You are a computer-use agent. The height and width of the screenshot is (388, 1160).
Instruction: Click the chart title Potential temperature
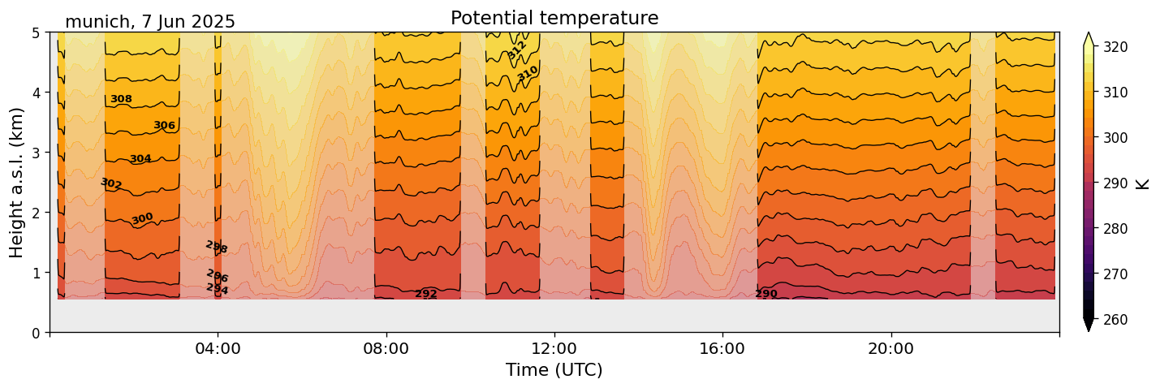pyautogui.click(x=554, y=18)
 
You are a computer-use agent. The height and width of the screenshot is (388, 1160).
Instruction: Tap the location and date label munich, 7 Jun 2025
pyautogui.click(x=150, y=22)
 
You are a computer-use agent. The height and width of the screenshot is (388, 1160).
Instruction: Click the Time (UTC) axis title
pyautogui.click(x=554, y=370)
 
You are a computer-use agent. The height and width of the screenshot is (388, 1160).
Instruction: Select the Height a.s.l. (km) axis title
pyautogui.click(x=17, y=182)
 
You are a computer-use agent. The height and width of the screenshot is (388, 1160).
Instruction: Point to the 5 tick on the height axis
pyautogui.click(x=35, y=33)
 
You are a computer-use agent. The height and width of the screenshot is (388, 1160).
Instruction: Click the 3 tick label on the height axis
pyautogui.click(x=35, y=153)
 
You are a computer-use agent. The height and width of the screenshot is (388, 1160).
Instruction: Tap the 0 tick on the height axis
pyautogui.click(x=35, y=333)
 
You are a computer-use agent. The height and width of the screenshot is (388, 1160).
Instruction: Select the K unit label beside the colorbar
pyautogui.click(x=1143, y=183)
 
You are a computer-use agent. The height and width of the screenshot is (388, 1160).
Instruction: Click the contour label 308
pyautogui.click(x=121, y=99)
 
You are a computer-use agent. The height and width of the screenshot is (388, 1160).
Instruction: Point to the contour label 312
pyautogui.click(x=517, y=50)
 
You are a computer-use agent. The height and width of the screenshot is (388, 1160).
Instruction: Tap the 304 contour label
pyautogui.click(x=140, y=159)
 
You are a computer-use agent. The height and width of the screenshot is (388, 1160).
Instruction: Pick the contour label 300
pyautogui.click(x=142, y=219)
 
